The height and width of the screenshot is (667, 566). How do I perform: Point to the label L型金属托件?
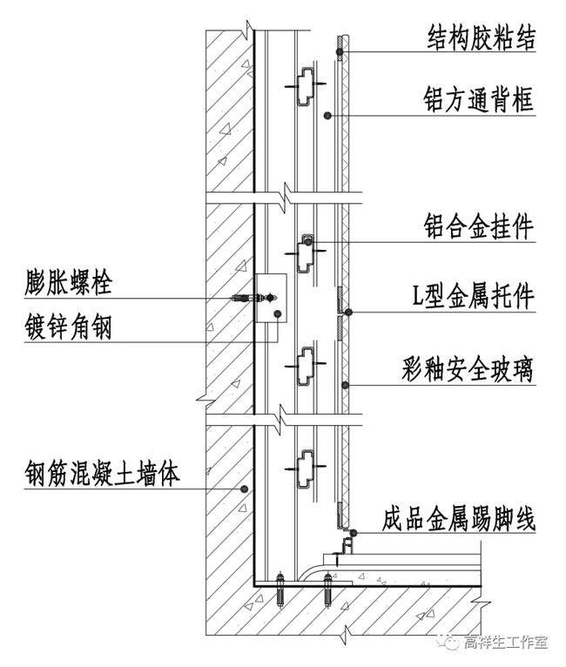pyautogui.click(x=475, y=298)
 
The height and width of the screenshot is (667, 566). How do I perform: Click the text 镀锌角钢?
pyautogui.click(x=69, y=327)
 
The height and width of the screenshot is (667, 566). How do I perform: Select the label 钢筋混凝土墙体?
pyautogui.click(x=103, y=475)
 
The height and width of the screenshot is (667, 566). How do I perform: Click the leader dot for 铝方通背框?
pyautogui.click(x=327, y=115)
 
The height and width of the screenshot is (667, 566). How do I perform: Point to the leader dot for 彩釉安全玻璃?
pyautogui.click(x=347, y=383)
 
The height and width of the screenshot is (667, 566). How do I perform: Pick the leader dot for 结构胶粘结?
pyautogui.click(x=342, y=53)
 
